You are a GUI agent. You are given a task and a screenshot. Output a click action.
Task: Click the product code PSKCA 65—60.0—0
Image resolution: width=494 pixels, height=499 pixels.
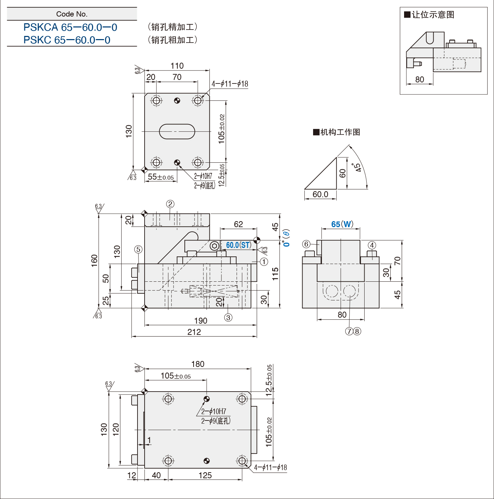(70, 27)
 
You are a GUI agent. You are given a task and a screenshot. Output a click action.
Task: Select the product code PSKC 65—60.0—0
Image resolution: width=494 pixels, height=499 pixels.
(67, 40)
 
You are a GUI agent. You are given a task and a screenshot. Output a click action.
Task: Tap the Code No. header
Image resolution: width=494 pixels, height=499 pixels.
(72, 14)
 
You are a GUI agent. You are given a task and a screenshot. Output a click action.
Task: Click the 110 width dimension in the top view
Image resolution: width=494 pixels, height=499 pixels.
(177, 66)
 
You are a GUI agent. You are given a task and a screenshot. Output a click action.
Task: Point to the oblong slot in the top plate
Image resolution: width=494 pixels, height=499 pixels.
(177, 132)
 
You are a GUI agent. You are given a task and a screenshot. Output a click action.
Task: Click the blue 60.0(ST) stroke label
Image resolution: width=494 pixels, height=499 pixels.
(239, 245)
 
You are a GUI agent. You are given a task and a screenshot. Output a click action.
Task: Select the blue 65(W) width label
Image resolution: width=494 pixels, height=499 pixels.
(342, 224)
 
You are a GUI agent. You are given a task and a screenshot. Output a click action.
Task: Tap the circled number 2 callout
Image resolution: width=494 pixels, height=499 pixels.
(170, 204)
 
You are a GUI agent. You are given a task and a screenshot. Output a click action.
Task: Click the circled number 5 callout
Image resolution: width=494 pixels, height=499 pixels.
(138, 249)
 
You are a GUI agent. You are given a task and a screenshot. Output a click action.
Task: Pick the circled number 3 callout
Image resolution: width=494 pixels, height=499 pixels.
(228, 318)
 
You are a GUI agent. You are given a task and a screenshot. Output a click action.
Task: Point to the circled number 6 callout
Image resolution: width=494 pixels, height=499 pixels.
(306, 244)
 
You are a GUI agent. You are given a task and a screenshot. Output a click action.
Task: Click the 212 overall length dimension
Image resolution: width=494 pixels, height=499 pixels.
(194, 332)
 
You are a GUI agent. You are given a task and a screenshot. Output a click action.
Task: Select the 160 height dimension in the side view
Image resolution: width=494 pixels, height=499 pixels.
(94, 261)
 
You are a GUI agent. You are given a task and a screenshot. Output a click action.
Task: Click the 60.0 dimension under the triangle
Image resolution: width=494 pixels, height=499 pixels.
(320, 194)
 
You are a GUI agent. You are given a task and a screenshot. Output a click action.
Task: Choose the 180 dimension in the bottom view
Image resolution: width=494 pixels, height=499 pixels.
(198, 364)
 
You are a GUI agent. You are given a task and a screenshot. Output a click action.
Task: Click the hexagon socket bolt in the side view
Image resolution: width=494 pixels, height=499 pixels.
(214, 246)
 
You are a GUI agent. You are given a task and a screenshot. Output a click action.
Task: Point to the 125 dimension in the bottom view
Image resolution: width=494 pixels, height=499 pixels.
(205, 475)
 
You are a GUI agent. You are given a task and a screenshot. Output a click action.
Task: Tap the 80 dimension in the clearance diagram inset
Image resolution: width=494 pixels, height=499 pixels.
(420, 80)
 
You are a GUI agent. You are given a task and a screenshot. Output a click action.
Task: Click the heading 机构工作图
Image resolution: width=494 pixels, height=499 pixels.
(337, 132)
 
